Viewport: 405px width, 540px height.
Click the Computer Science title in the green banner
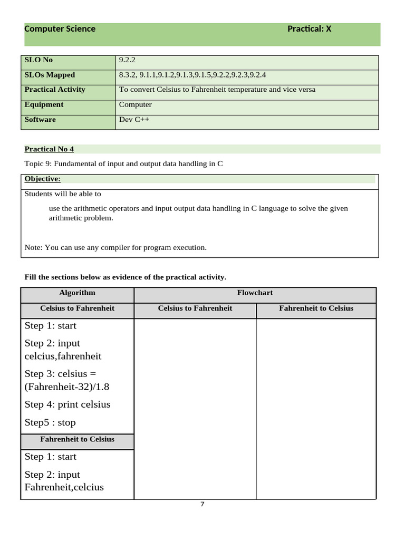pos(60,29)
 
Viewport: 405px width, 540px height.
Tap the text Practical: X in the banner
pos(309,29)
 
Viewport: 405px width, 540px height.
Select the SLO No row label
pos(38,60)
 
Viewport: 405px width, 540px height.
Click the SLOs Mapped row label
pos(50,75)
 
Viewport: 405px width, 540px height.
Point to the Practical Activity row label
pos(54,90)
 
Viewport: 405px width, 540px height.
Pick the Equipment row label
pos(44,104)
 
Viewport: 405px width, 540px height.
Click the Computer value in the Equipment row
pos(135,104)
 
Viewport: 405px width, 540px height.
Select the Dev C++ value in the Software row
pos(134,120)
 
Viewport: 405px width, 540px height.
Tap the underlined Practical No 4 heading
pos(49,149)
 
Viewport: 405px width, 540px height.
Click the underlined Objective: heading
pos(42,179)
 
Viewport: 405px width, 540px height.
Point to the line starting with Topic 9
pos(123,164)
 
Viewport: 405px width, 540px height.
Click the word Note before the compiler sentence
pos(33,247)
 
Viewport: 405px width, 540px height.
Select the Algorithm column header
pos(77,293)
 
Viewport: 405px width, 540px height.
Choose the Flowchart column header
pos(255,293)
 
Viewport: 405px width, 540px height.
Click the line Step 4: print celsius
pos(67,404)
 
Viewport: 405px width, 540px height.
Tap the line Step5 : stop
pos(50,422)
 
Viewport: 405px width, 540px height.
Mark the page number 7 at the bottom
pos(202,504)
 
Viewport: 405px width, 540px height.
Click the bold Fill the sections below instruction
pos(126,277)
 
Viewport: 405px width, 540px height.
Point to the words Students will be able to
pos(63,194)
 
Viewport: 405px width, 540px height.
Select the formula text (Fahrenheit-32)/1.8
pos(67,387)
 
